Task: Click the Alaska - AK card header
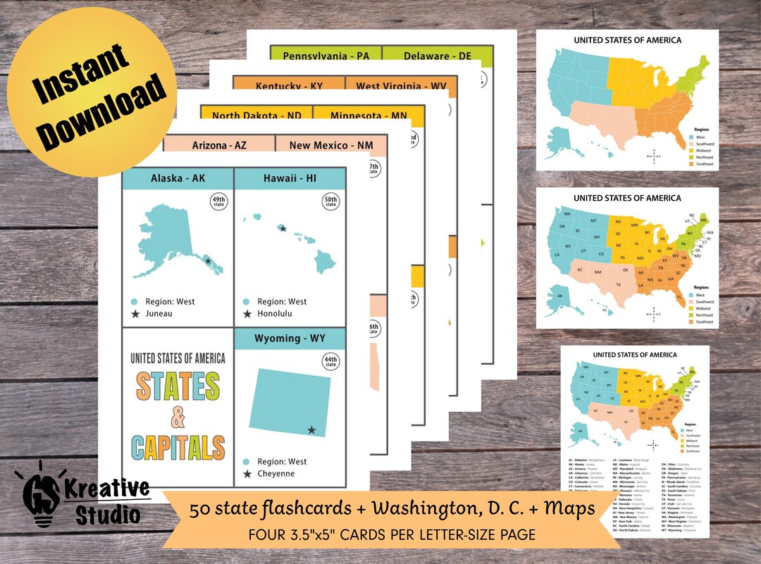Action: [x=178, y=178]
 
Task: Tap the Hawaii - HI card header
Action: [x=290, y=178]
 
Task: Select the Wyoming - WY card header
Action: [x=290, y=338]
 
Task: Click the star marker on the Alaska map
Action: [x=208, y=261]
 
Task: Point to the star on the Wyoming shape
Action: [x=311, y=430]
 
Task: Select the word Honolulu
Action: [x=275, y=314]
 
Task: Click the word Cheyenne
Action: [x=276, y=474]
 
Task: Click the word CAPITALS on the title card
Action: [x=178, y=447]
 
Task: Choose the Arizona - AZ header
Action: [x=219, y=145]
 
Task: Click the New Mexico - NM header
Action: [x=331, y=145]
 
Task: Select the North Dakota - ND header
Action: [x=256, y=115]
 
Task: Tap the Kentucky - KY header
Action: [x=290, y=86]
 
